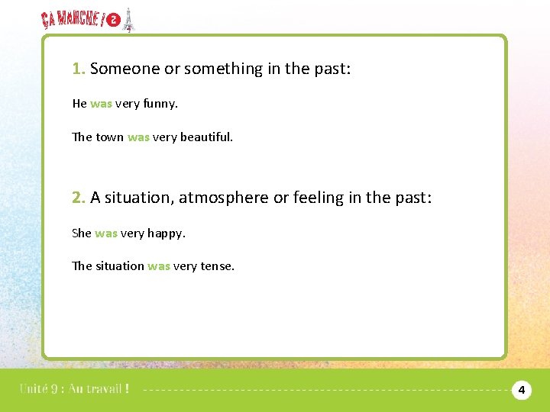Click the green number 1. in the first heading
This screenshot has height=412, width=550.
79,69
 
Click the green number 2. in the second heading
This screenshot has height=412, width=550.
79,198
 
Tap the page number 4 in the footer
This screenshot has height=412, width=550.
521,391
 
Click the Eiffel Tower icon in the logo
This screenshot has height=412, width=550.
129,20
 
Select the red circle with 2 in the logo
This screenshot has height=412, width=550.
114,21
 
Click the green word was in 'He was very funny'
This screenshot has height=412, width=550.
101,104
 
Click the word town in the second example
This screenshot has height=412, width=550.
110,137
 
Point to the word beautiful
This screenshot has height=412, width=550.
205,137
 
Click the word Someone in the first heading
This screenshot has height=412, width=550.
125,69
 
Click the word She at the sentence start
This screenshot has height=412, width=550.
82,233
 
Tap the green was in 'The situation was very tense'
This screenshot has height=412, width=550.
159,266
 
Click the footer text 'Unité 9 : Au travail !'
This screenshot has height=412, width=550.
74,388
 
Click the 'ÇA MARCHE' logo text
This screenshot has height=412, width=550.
72,20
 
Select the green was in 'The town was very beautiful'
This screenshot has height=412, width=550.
138,137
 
